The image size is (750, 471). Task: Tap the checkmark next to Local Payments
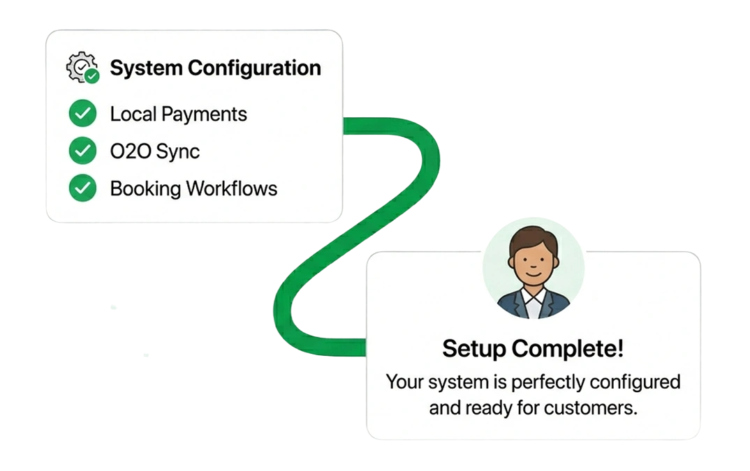click(82, 114)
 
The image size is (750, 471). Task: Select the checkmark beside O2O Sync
click(82, 151)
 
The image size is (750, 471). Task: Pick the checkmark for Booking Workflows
click(82, 188)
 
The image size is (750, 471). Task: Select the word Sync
click(179, 151)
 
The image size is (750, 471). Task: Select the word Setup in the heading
click(473, 348)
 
